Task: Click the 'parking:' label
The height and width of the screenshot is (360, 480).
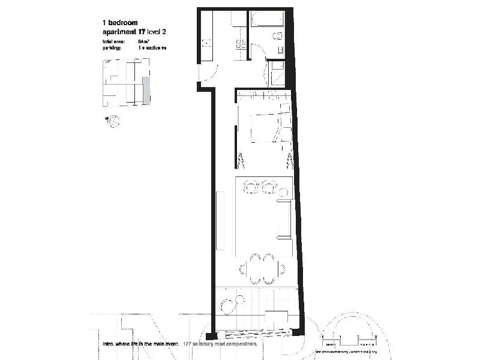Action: pos(112,47)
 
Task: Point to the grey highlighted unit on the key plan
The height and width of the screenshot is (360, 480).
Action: pos(146,91)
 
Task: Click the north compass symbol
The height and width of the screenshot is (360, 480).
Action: pos(113,121)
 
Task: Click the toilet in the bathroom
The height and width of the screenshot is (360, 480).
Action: pos(278,37)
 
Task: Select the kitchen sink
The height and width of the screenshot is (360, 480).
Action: pos(205,42)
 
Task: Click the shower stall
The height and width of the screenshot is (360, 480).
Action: pos(277,75)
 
